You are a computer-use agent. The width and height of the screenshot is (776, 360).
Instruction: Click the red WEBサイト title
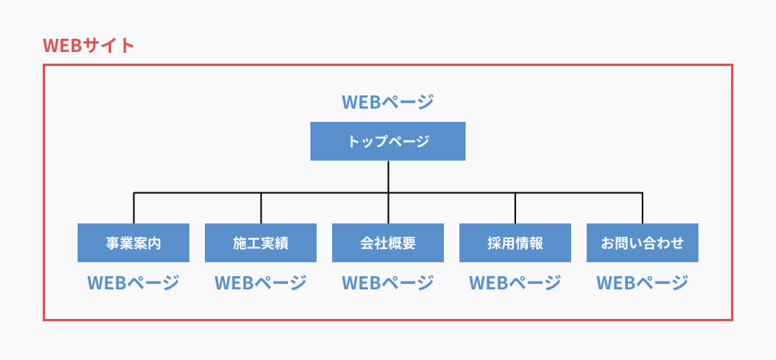click(89, 45)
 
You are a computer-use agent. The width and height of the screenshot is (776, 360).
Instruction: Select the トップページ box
click(388, 141)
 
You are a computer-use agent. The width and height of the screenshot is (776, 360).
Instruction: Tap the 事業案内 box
click(133, 243)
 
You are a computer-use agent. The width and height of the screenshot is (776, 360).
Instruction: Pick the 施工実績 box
click(261, 243)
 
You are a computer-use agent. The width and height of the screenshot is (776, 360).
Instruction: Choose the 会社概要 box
click(388, 243)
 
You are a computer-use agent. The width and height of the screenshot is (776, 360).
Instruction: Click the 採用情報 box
click(515, 243)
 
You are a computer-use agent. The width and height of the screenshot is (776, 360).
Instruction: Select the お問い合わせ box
click(643, 243)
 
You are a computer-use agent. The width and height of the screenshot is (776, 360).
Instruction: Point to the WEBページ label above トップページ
click(388, 102)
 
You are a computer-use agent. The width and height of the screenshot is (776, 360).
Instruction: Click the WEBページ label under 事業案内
click(133, 283)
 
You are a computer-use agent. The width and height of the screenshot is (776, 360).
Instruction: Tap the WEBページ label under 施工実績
click(261, 283)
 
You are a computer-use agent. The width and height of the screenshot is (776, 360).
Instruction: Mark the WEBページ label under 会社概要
click(388, 283)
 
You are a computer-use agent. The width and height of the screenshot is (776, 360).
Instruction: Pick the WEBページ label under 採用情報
click(515, 283)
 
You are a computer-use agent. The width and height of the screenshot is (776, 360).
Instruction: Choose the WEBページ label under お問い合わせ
click(643, 283)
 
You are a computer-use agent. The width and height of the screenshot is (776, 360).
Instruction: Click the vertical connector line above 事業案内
click(133, 208)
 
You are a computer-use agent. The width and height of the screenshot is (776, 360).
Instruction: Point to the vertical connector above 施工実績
click(261, 208)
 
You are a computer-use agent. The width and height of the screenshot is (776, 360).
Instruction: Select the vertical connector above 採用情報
click(515, 208)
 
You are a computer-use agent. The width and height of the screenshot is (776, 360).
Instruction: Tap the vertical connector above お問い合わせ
click(643, 208)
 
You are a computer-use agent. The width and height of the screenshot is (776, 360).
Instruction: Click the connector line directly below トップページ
click(388, 176)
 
